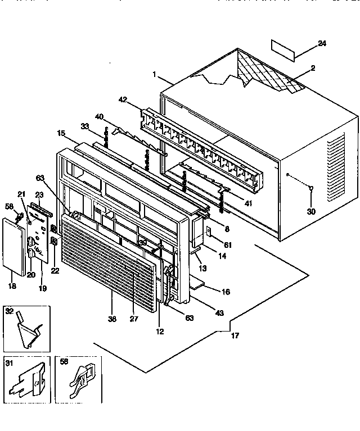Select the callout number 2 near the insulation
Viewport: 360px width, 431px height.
coord(313,68)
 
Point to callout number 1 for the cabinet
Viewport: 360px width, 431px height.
coord(154,74)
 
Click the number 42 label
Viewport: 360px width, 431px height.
coord(123,99)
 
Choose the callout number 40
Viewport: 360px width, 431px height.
coord(99,117)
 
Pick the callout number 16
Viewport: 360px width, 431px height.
coord(226,293)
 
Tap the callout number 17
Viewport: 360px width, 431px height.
coord(235,336)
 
